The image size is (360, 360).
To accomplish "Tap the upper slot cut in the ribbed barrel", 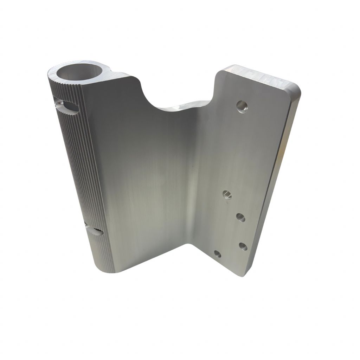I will click(67, 107).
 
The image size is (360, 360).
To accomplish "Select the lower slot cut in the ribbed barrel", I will click(94, 231).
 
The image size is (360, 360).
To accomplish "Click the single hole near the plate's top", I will click(242, 106).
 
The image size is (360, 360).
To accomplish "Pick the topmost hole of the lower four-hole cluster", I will click(227, 194).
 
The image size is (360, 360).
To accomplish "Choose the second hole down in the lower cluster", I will click(240, 217).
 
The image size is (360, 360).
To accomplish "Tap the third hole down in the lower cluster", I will click(243, 246).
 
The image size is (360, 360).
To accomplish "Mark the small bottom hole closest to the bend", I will click(218, 253).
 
